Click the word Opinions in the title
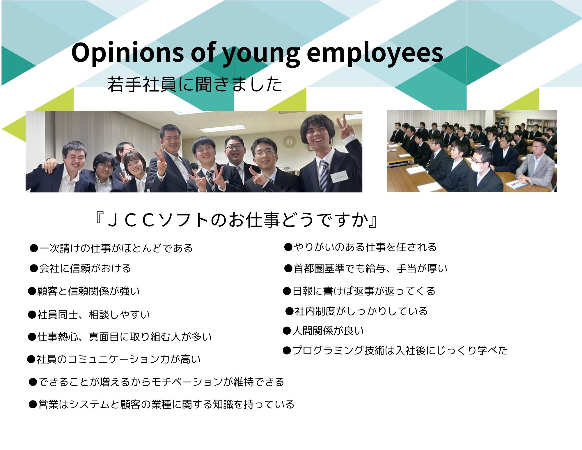[127, 52]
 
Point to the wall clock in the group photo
[290, 142]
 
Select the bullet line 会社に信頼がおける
[80, 268]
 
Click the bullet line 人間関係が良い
[323, 331]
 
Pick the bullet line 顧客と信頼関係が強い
[84, 291]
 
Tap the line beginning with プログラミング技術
[395, 350]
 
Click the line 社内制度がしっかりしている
[356, 311]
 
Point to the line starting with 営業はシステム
[162, 404]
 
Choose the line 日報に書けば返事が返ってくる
[359, 291]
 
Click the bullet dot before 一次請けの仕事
[34, 248]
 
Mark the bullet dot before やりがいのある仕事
[288, 247]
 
